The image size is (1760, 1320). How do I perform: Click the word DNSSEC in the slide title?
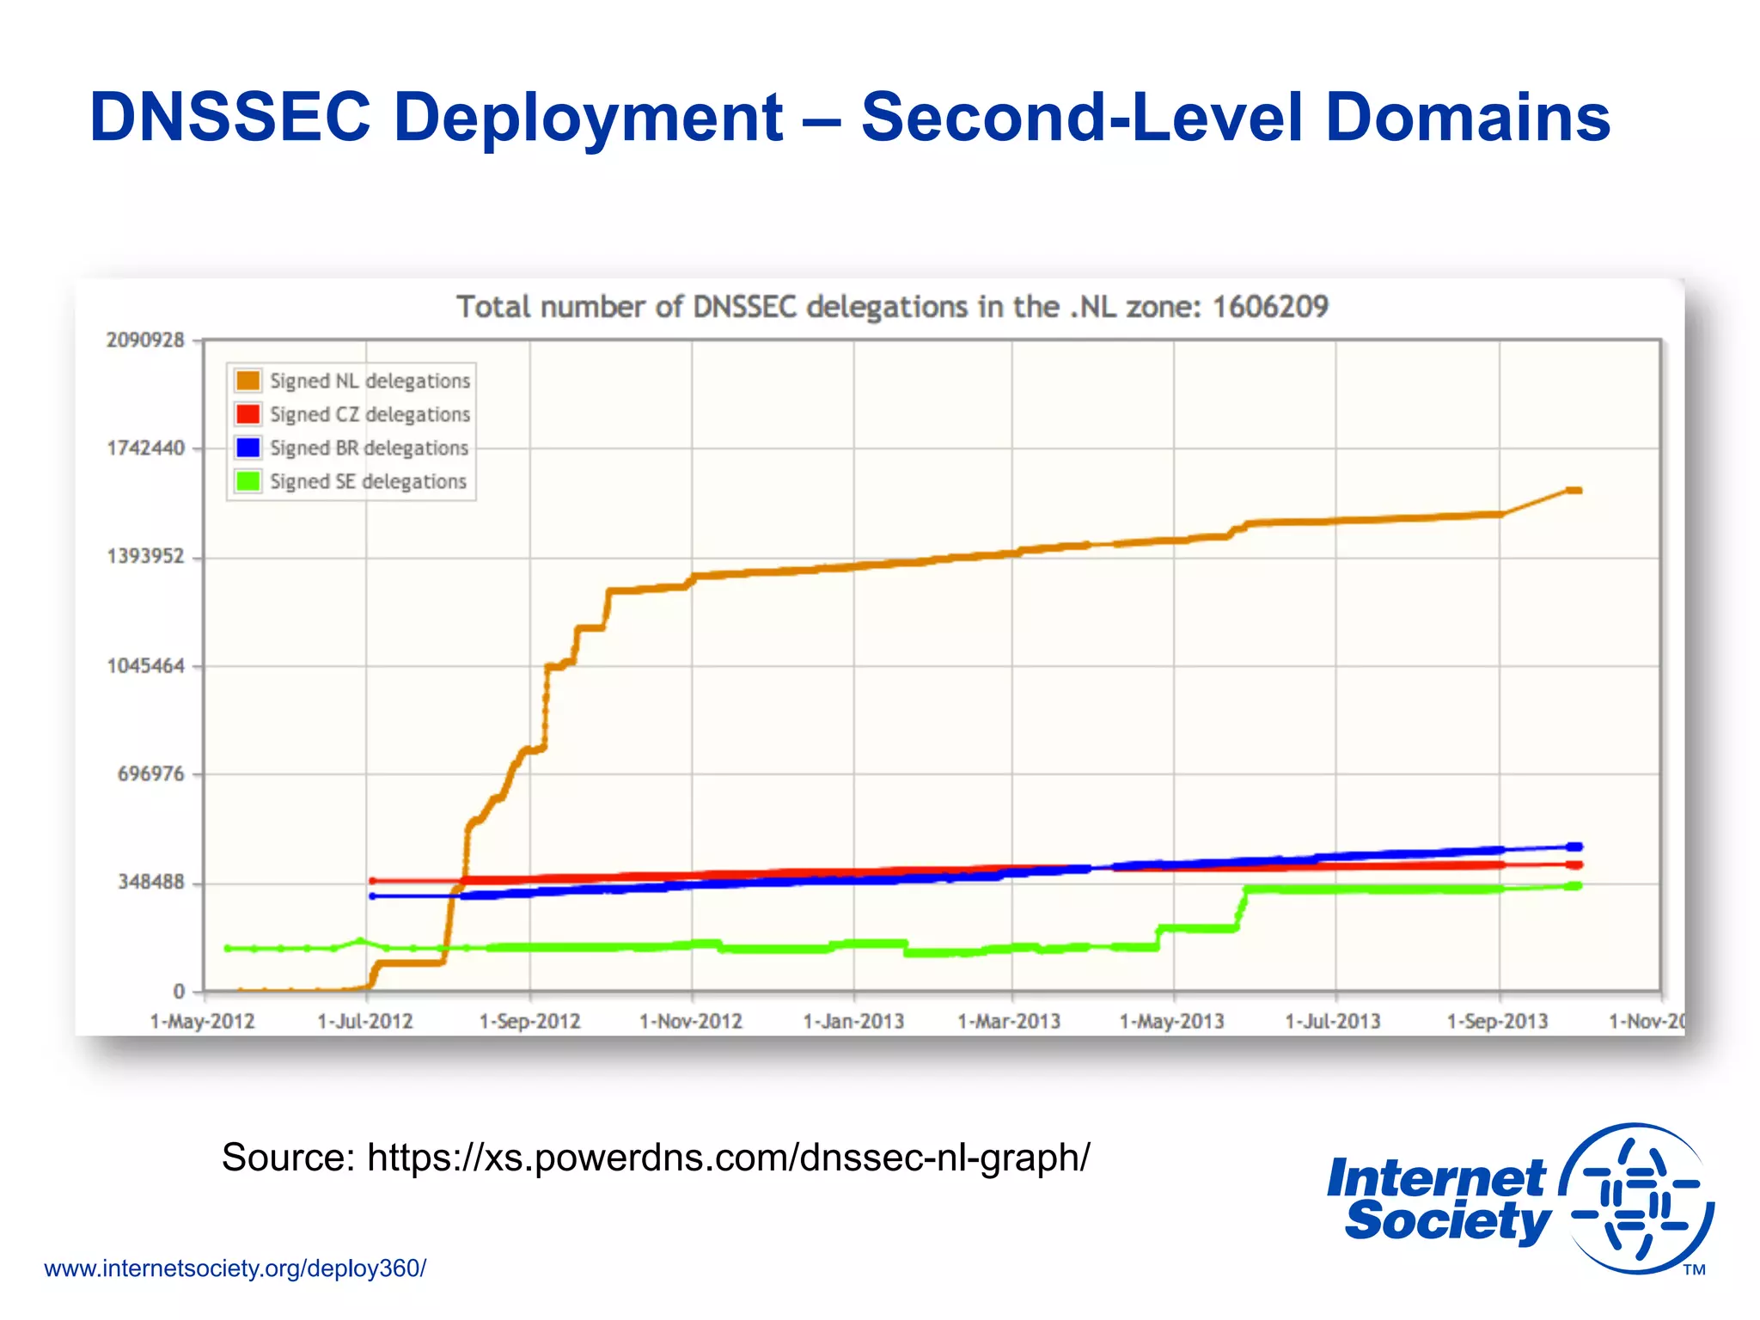point(230,117)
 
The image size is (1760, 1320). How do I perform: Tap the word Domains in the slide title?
point(1468,117)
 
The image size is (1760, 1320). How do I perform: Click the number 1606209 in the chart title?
point(1270,307)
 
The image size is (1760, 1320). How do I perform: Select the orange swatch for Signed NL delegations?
point(247,381)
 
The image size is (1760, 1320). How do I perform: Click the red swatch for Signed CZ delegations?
point(247,414)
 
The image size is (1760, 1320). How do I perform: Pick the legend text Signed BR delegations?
point(369,448)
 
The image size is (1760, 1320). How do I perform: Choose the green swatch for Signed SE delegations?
point(247,481)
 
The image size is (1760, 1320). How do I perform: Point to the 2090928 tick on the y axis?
point(145,340)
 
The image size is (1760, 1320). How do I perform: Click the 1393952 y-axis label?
point(145,557)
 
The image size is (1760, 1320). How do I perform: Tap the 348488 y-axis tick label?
point(151,883)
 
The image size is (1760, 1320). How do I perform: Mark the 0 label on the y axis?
point(179,992)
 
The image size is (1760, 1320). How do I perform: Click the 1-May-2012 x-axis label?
point(202,1022)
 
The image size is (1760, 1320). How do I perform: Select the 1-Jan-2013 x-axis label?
point(853,1022)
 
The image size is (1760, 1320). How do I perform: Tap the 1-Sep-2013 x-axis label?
point(1497,1022)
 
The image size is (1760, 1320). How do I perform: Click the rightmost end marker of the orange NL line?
point(1574,491)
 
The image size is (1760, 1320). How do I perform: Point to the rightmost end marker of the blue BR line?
point(1574,846)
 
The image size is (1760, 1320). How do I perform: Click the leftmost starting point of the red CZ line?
point(372,881)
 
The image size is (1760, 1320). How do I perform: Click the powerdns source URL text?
point(728,1158)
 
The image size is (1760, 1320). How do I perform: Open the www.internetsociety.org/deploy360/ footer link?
point(235,1268)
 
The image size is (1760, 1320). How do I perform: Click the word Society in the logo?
point(1447,1220)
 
